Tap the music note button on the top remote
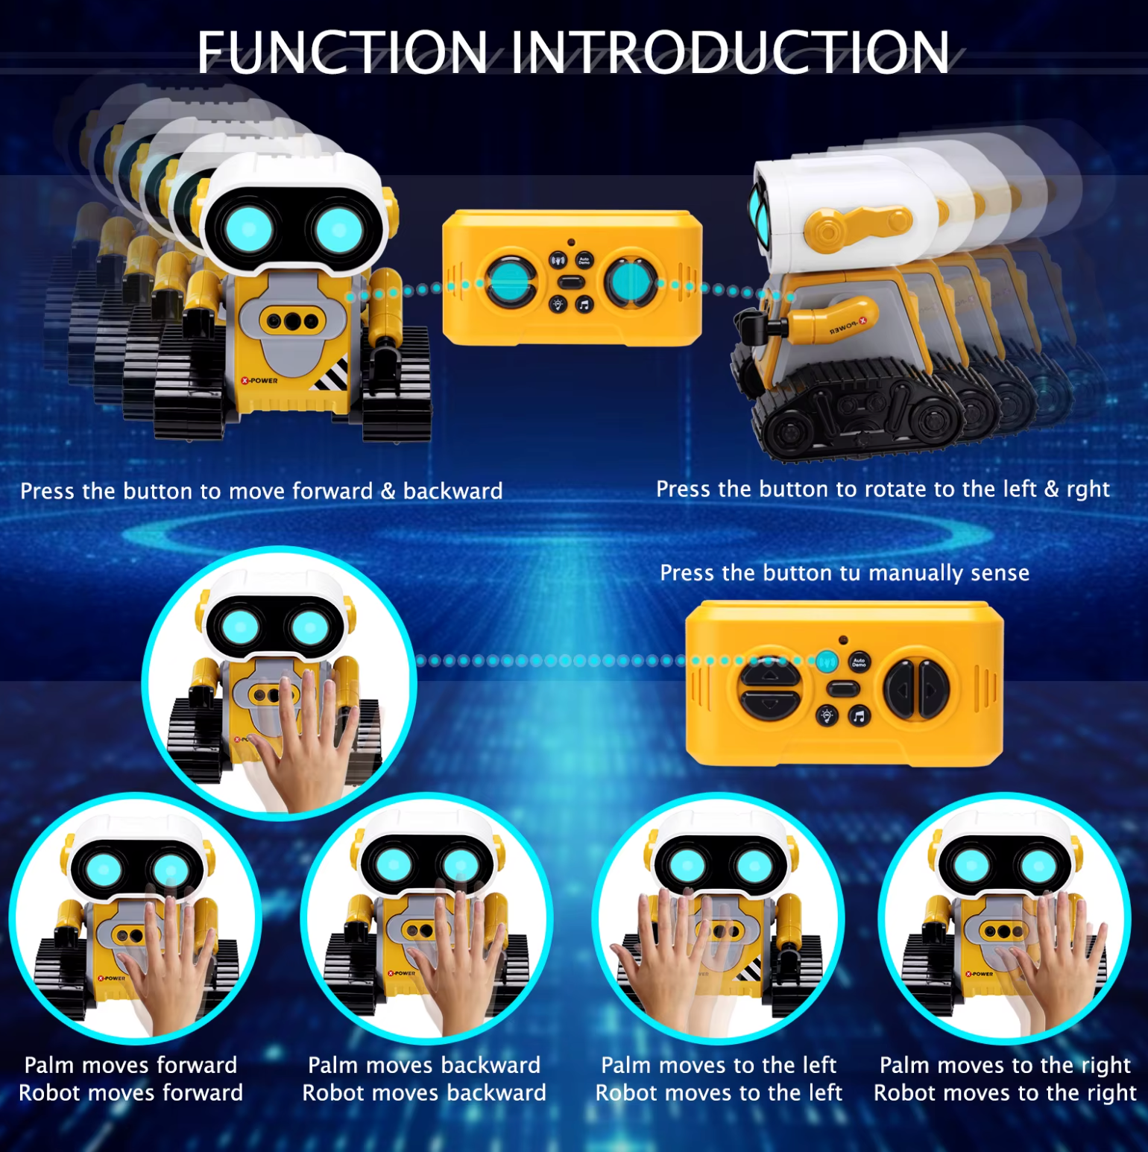pos(584,304)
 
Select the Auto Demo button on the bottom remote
pos(859,662)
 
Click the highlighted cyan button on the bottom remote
pos(826,661)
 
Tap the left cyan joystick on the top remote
pos(510,282)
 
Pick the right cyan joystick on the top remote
pos(631,282)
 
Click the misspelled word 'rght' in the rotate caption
pos(1088,490)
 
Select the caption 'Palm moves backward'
pos(424,1065)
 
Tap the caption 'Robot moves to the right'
pos(1005,1093)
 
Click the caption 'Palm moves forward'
pos(130,1065)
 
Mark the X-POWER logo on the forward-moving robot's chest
pos(259,381)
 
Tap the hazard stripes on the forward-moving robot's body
pos(331,375)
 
